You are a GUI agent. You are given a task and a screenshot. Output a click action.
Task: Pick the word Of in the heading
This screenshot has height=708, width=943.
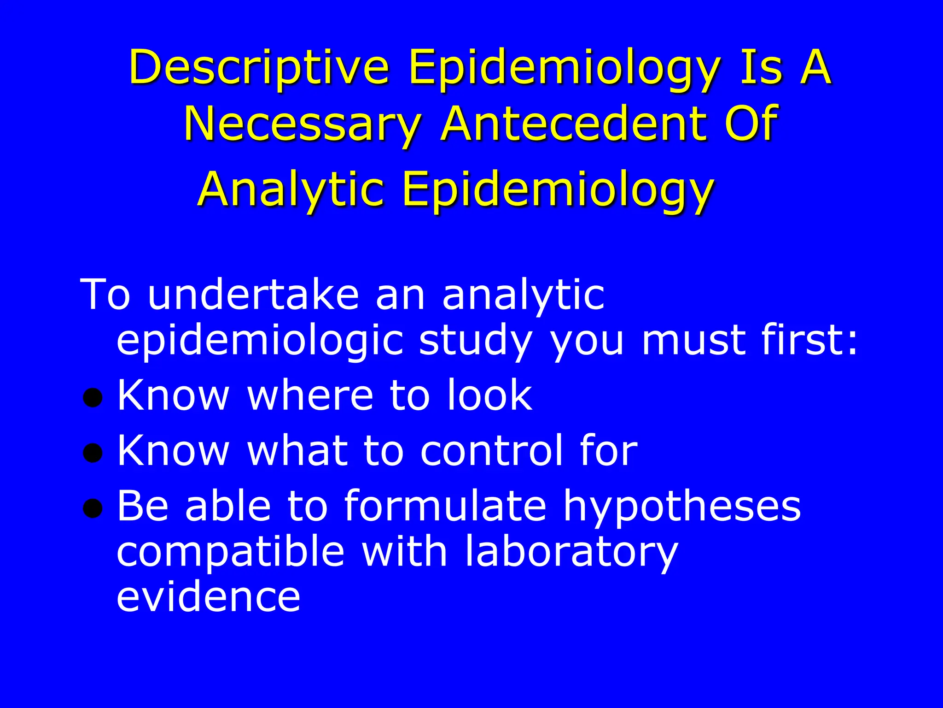click(751, 124)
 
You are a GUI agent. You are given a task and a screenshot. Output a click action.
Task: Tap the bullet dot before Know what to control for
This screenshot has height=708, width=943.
click(93, 453)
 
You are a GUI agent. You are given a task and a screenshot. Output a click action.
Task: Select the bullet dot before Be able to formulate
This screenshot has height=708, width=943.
click(93, 508)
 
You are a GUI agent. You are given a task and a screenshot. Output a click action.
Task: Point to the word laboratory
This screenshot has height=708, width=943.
click(571, 552)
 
